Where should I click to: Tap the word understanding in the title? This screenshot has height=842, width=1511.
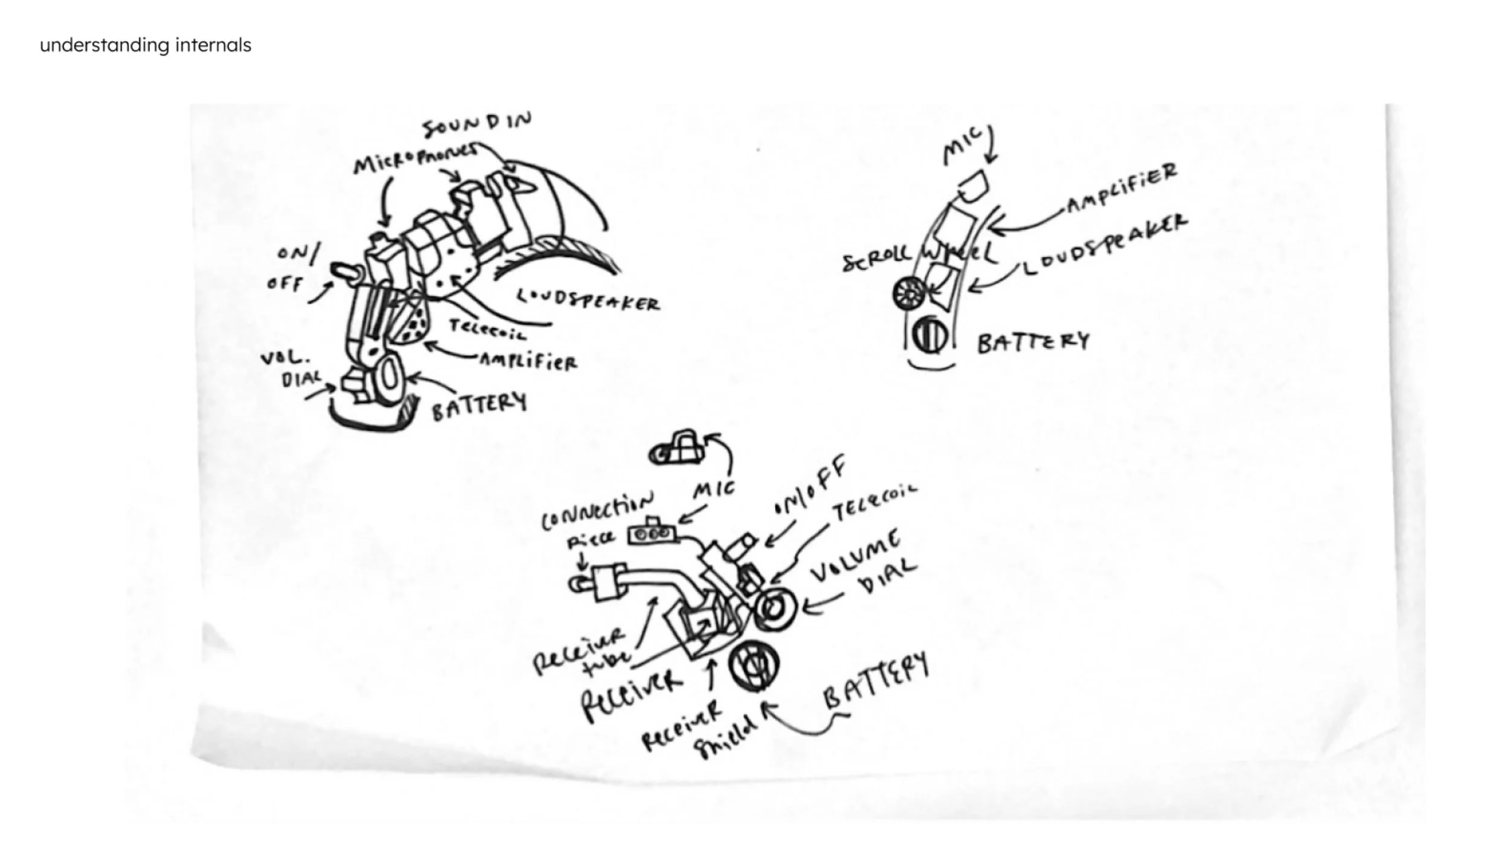(x=104, y=45)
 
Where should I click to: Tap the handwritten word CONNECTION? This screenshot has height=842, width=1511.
(x=597, y=511)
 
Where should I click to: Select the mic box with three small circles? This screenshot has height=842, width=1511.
(x=650, y=534)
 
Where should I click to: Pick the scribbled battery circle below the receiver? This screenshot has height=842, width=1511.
(x=754, y=666)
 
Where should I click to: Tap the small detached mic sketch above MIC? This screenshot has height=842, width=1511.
(x=677, y=449)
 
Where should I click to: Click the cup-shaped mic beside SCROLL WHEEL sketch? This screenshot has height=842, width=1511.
(x=971, y=186)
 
